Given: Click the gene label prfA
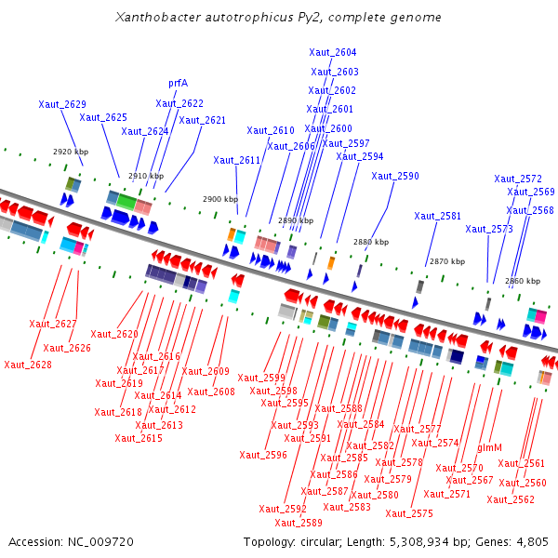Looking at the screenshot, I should click(178, 83).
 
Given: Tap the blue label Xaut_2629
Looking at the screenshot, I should click(62, 104).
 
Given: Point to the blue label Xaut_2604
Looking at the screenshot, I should click(333, 52).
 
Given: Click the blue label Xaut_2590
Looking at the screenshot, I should click(395, 176).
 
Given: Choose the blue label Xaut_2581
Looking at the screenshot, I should click(438, 216).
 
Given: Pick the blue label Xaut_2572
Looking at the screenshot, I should click(518, 179).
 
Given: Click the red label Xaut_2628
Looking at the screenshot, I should click(28, 365).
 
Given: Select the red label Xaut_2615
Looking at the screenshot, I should click(139, 438).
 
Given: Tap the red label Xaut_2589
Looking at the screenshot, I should click(299, 523).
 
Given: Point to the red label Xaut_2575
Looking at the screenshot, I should click(409, 513).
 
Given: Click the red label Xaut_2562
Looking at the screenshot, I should click(511, 499).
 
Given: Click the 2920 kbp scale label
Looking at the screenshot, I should click(71, 151).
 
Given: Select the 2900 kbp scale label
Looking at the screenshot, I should click(220, 199).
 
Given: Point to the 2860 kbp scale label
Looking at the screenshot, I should click(522, 281).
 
